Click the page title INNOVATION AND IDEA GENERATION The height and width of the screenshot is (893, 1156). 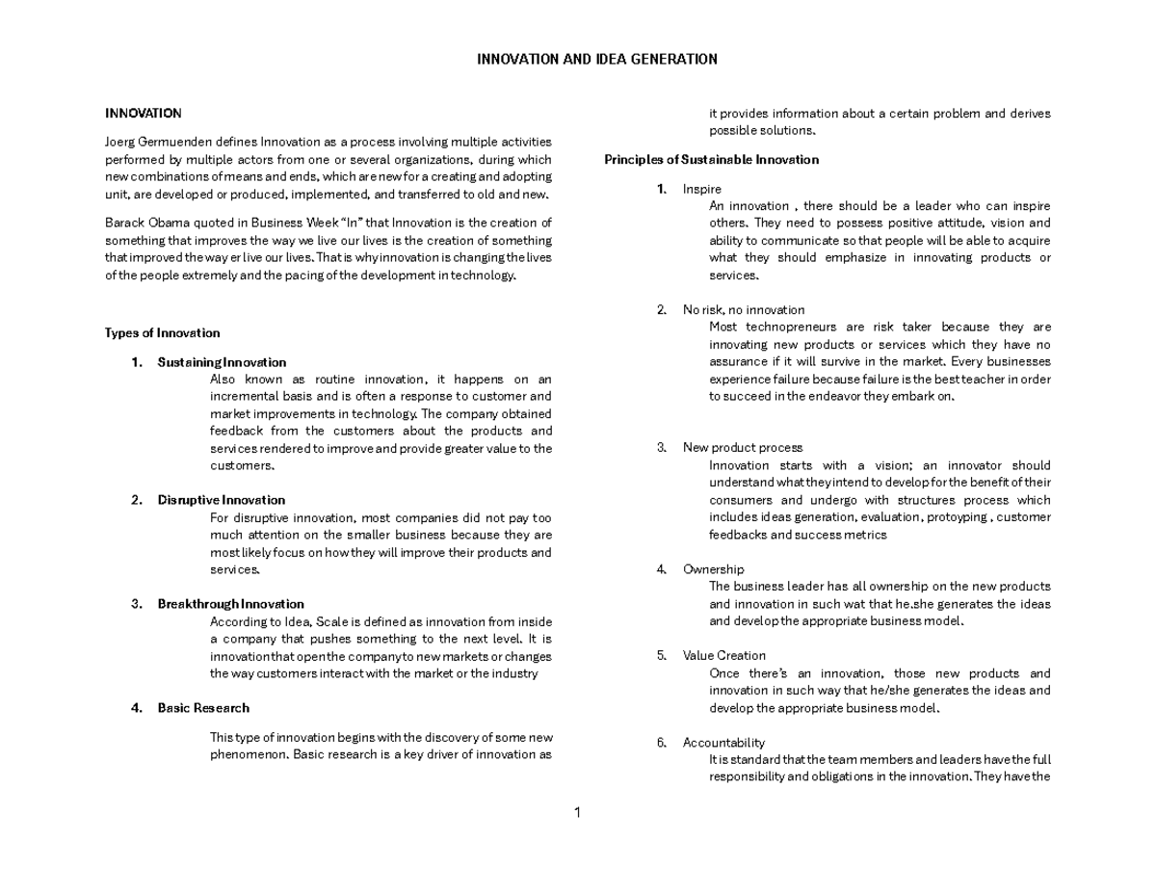click(x=597, y=60)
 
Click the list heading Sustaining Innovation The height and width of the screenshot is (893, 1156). click(x=222, y=362)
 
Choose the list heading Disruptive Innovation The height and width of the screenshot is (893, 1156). click(x=222, y=500)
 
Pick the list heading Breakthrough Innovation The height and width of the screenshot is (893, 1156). click(x=230, y=604)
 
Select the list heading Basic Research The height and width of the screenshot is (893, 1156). click(x=203, y=708)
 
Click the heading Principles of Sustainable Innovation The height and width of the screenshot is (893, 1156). click(x=711, y=160)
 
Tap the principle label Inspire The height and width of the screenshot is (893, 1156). click(x=701, y=189)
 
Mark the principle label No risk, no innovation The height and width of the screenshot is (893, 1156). click(x=743, y=309)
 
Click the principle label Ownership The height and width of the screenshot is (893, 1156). click(x=713, y=569)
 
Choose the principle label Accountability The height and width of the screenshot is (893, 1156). click(x=723, y=743)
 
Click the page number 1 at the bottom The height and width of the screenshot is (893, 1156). click(x=577, y=813)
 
